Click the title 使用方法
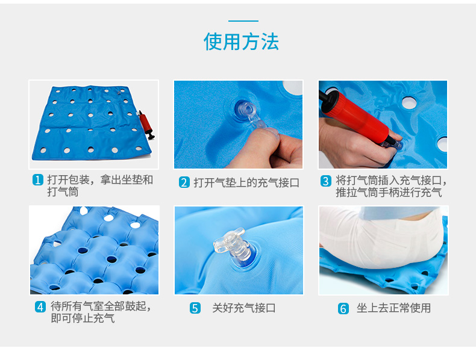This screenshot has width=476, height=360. tap(241, 42)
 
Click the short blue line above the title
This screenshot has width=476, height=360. tap(243, 21)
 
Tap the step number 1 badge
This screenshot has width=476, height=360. tap(38, 180)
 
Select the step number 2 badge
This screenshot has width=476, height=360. tap(184, 182)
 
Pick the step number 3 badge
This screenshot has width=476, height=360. tap(326, 181)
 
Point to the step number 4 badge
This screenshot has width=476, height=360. tap(40, 307)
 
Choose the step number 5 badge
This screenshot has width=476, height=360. tap(195, 308)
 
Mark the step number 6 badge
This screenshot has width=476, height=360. tap(343, 308)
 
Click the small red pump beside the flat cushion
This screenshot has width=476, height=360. tap(146, 125)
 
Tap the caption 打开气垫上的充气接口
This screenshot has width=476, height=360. tap(246, 182)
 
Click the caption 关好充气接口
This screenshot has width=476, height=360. tap(244, 308)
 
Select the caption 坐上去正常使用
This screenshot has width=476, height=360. tap(393, 308)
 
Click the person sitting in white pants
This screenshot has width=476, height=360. tap(380, 237)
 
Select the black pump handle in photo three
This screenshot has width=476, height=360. tap(327, 99)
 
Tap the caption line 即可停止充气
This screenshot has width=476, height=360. tap(83, 318)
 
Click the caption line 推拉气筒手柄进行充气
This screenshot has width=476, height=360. tap(389, 192)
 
